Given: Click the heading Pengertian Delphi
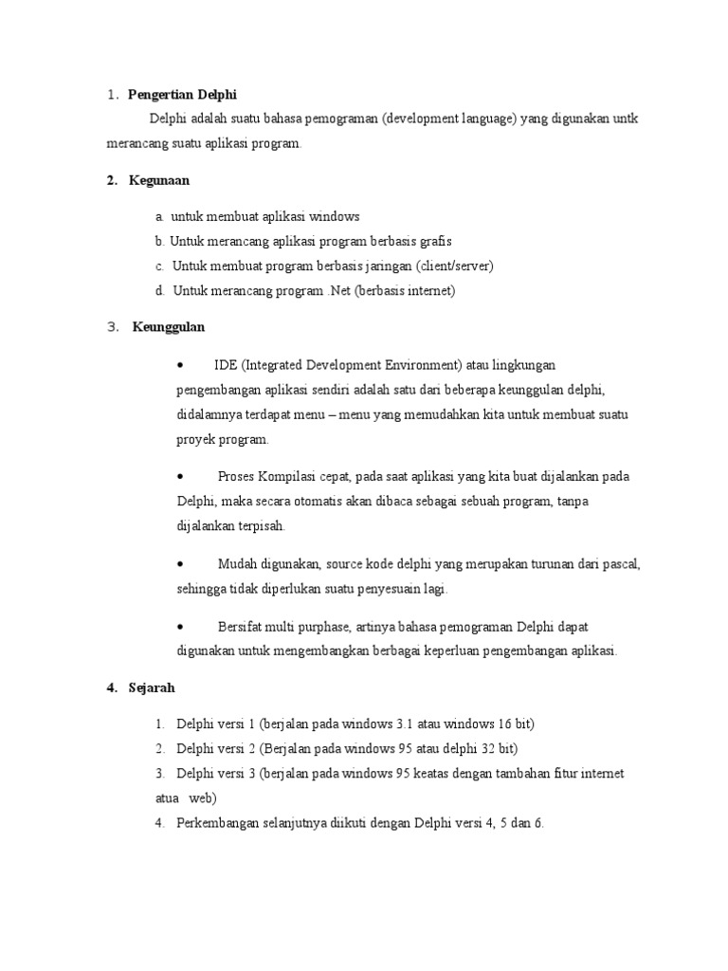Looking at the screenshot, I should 182,94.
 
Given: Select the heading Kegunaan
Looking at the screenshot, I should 159,179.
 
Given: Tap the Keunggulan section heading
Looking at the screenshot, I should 168,327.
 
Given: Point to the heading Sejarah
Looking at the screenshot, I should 153,687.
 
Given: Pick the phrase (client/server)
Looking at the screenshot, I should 454,266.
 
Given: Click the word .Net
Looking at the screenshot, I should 337,291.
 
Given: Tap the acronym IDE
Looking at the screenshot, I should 226,365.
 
